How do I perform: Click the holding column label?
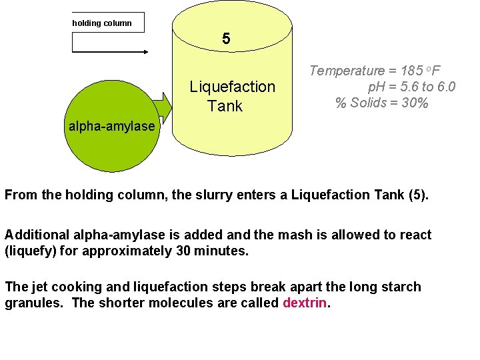point(102,23)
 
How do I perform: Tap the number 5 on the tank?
point(227,39)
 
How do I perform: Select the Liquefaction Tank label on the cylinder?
point(231,96)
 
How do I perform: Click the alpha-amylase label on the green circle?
point(111,126)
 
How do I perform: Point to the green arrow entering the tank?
point(162,107)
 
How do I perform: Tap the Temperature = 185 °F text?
point(377,71)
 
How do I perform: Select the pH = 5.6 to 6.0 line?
point(411,87)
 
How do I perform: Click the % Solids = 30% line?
point(381,103)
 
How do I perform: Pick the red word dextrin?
point(305,303)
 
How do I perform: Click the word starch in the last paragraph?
point(401,287)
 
